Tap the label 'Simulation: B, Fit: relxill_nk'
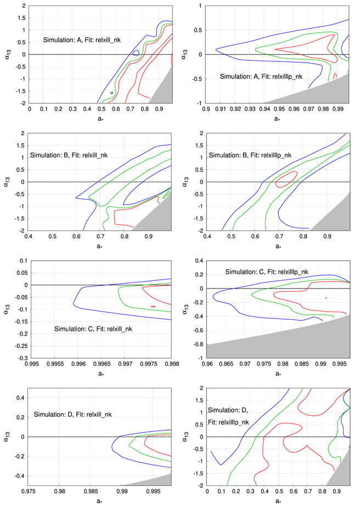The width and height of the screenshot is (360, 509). click(69, 155)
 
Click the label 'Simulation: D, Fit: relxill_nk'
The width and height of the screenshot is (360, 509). click(72, 415)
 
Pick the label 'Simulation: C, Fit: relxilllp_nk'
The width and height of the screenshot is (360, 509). click(266, 272)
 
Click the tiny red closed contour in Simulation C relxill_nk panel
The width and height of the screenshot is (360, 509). click(153, 306)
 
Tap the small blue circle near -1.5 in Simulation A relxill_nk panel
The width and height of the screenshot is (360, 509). click(111, 93)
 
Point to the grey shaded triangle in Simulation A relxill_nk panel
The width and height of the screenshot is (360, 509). click(165, 91)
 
